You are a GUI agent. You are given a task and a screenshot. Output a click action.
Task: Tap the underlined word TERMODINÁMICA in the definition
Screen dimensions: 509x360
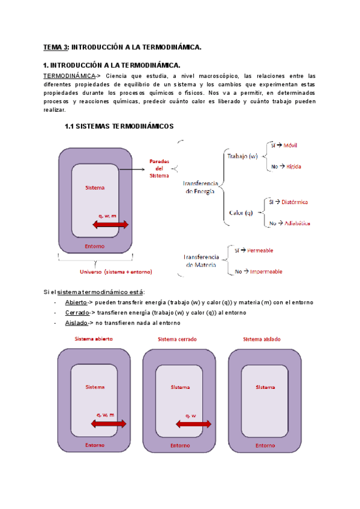[70, 76]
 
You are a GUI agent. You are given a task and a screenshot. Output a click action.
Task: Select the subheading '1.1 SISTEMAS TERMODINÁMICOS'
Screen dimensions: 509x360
[119, 127]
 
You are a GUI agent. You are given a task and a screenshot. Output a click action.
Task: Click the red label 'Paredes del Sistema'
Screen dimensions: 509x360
[159, 168]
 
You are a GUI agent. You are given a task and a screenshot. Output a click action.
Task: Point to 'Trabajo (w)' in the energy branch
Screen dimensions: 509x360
[242, 157]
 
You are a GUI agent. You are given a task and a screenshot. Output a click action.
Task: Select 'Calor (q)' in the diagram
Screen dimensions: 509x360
[241, 212]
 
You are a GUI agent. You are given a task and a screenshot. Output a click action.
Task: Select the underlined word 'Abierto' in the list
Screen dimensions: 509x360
[76, 303]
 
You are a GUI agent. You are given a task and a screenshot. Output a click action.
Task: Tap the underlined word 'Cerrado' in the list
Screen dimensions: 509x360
[77, 313]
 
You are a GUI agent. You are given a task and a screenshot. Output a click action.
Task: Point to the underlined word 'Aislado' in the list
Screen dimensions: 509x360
[76, 323]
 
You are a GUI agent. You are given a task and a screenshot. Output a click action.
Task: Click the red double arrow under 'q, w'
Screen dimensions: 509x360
[193, 424]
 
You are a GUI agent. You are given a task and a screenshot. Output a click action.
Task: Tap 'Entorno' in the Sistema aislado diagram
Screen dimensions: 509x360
[265, 445]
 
